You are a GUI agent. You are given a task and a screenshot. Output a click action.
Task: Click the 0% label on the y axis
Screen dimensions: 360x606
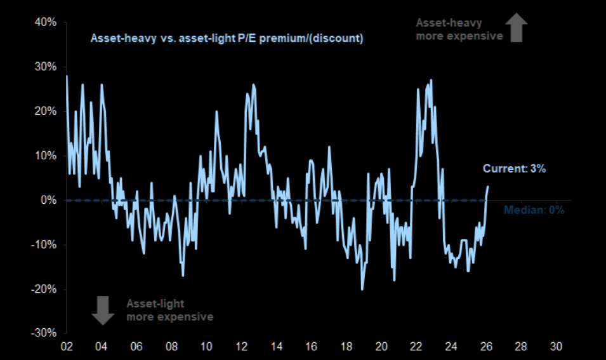[x=50, y=200]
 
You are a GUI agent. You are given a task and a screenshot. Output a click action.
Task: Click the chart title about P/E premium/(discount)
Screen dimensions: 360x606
[x=227, y=38]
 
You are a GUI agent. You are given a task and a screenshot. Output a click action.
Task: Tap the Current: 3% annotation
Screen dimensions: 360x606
[x=515, y=169]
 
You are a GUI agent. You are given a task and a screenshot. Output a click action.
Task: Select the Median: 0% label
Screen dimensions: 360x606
[x=534, y=210]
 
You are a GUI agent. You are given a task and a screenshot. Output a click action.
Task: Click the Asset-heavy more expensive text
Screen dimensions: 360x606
[x=459, y=29]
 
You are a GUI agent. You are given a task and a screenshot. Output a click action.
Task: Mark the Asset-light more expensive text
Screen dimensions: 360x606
[x=169, y=310]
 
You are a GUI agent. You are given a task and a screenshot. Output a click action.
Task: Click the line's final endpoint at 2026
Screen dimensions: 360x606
[x=488, y=186]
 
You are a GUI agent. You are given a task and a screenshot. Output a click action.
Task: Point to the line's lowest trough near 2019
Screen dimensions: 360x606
[x=362, y=289]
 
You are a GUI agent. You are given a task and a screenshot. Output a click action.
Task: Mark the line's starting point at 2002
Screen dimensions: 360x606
[x=67, y=76]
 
